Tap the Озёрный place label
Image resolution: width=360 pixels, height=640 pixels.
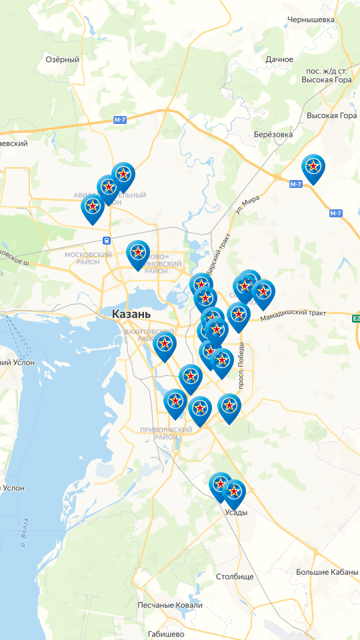click(62, 59)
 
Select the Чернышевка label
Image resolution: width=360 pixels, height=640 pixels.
click(311, 20)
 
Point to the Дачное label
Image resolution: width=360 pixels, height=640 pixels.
click(279, 59)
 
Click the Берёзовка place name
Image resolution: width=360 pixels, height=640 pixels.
click(273, 134)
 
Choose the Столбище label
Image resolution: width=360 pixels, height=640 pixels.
click(235, 576)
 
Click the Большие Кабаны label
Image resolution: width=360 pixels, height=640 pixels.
click(327, 572)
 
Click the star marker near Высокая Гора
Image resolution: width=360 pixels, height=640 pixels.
click(313, 167)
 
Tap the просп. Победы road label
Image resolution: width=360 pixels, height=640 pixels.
click(242, 365)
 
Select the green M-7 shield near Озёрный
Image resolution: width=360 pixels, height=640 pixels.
click(119, 119)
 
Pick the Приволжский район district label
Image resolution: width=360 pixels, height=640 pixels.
click(167, 433)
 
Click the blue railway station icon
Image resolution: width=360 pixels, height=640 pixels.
click(106, 240)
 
